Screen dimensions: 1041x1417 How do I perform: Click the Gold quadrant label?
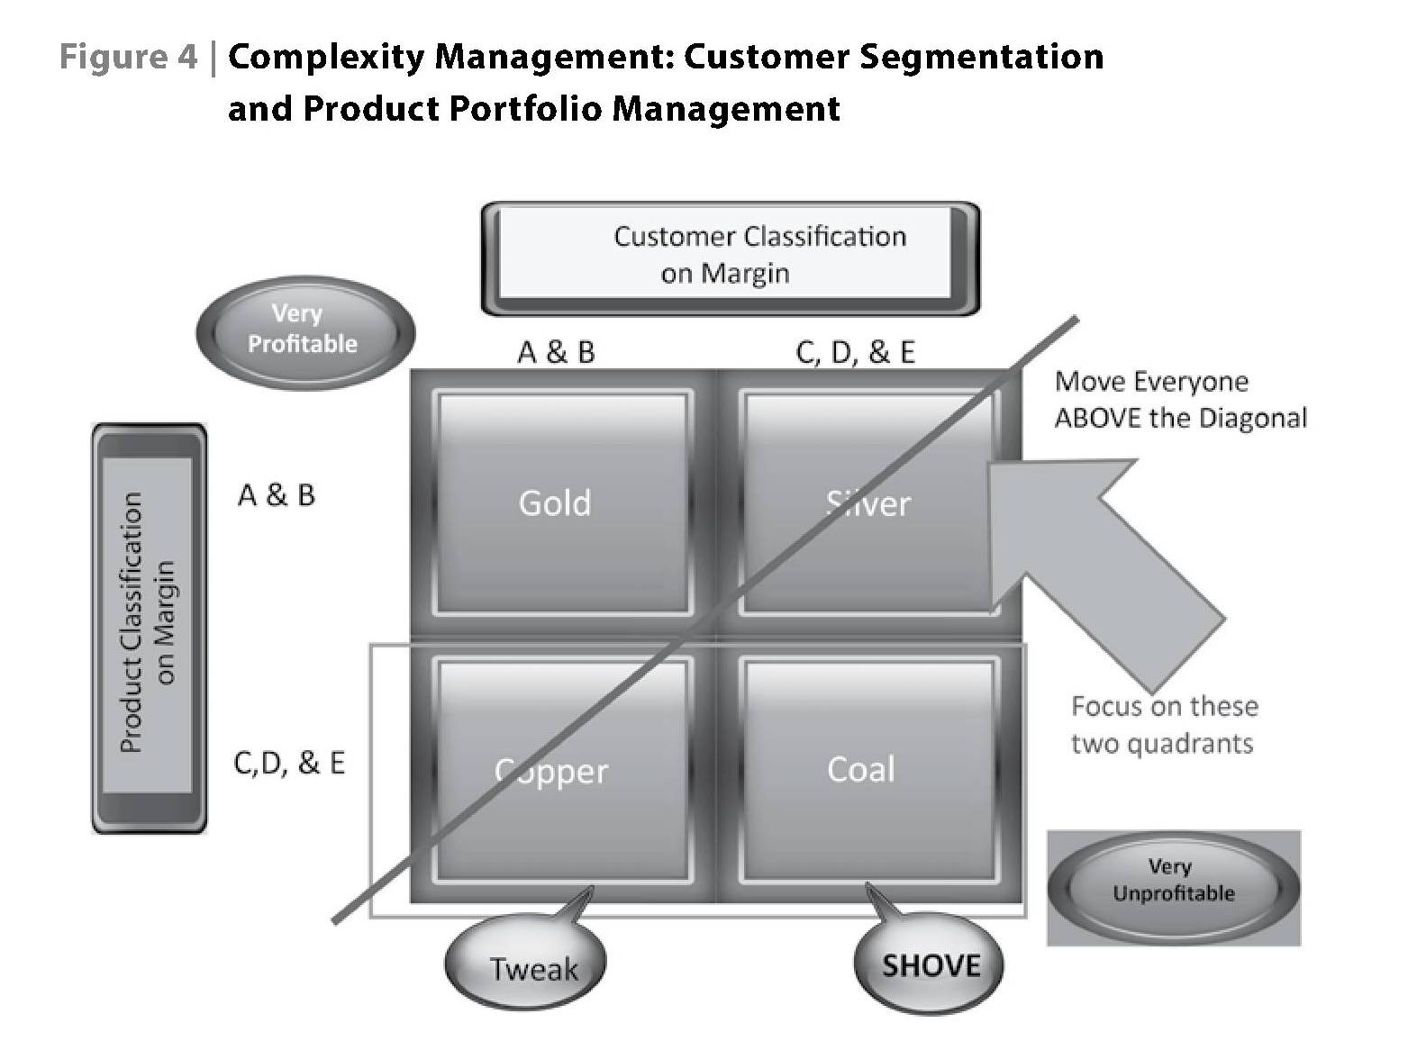(554, 502)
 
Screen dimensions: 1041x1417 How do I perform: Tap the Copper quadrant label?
(551, 771)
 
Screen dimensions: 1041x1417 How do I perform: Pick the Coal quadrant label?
(861, 769)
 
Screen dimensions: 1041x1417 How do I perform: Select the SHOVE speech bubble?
(930, 965)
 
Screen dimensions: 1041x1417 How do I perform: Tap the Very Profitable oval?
(304, 330)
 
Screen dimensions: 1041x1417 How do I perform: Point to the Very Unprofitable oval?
(1172, 881)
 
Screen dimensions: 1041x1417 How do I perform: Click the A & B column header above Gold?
(556, 352)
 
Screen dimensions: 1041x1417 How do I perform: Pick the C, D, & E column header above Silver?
(855, 352)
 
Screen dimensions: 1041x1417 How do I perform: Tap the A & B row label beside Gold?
(277, 494)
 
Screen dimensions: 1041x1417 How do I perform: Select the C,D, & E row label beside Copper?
(289, 763)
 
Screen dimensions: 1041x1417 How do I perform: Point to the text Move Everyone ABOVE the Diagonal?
(1178, 400)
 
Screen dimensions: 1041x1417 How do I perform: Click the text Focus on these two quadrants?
(1163, 725)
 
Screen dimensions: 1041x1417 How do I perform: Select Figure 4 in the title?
(127, 57)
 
